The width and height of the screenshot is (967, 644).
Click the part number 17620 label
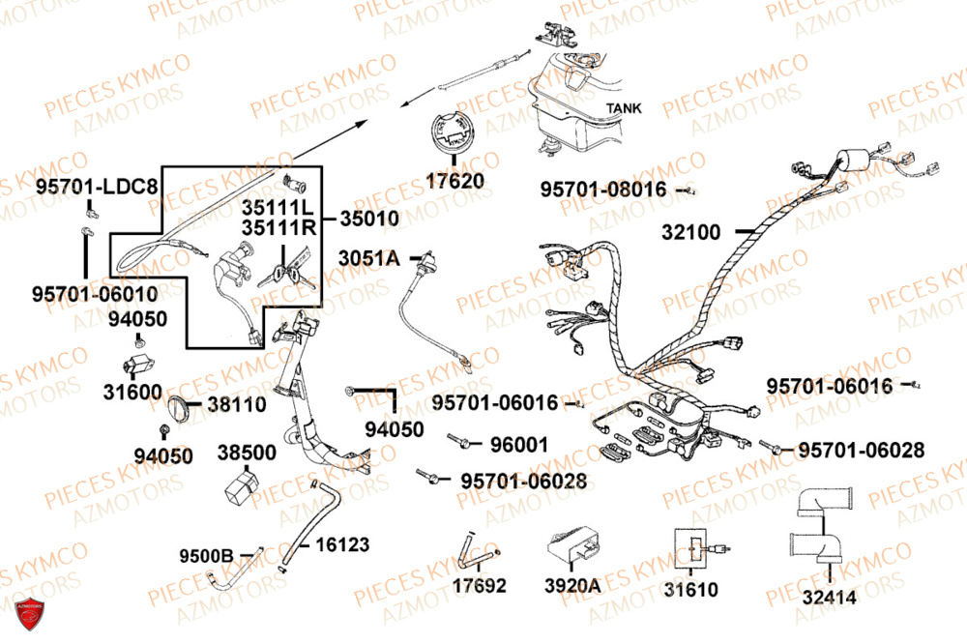[452, 180]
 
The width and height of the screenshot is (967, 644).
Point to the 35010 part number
[368, 220]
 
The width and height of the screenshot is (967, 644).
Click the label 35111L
[278, 208]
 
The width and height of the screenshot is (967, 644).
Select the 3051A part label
[367, 257]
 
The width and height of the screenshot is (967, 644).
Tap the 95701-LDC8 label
[98, 185]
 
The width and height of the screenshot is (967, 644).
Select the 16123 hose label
[342, 545]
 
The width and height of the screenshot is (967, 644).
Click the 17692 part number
[479, 586]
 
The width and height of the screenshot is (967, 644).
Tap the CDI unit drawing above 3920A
[573, 552]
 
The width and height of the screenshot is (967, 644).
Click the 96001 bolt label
[519, 445]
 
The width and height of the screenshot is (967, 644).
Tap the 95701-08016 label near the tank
[602, 190]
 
